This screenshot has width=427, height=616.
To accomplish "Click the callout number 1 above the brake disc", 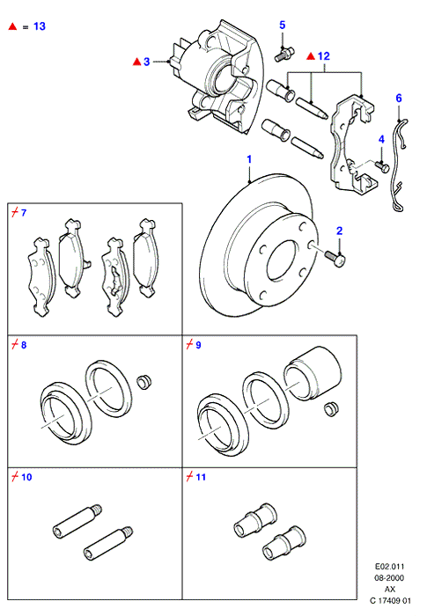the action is (x=249, y=159).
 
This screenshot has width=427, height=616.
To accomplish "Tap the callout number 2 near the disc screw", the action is (x=340, y=231).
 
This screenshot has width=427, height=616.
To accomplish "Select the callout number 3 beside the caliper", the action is (x=147, y=62).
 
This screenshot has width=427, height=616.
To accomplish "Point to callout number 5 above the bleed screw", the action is (x=283, y=26).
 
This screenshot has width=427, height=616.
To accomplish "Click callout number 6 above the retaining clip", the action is (x=399, y=99).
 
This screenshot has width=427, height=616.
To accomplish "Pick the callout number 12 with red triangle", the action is (x=324, y=56).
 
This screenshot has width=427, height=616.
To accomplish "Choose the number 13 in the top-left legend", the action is (x=40, y=26).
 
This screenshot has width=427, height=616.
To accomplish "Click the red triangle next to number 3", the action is (x=136, y=62).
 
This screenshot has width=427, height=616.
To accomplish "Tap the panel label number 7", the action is (x=24, y=213).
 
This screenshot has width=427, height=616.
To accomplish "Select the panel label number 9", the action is (x=198, y=345).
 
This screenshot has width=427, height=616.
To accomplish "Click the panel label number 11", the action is (x=201, y=477).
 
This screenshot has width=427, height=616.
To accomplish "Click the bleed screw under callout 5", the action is (x=283, y=54).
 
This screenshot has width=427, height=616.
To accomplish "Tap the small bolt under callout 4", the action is (x=382, y=166).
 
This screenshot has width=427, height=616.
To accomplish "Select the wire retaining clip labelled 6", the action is (x=398, y=165).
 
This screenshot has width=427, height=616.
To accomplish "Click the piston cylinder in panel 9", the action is (x=313, y=373).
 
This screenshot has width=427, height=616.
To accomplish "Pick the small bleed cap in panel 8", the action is (x=144, y=382).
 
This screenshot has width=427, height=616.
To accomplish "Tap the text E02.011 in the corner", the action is (x=389, y=567).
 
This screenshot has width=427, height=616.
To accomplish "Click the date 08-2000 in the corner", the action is (x=389, y=578).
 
